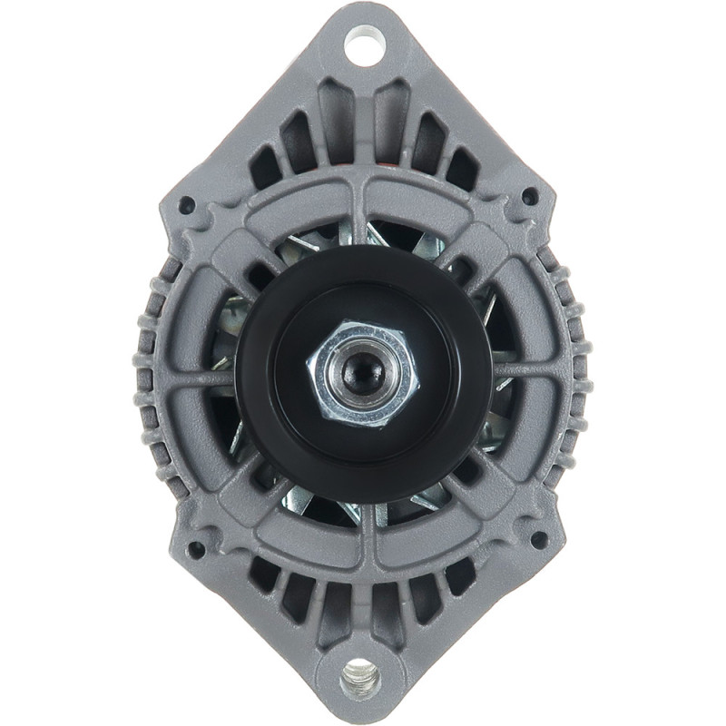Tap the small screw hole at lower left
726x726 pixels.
[x=194, y=549]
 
